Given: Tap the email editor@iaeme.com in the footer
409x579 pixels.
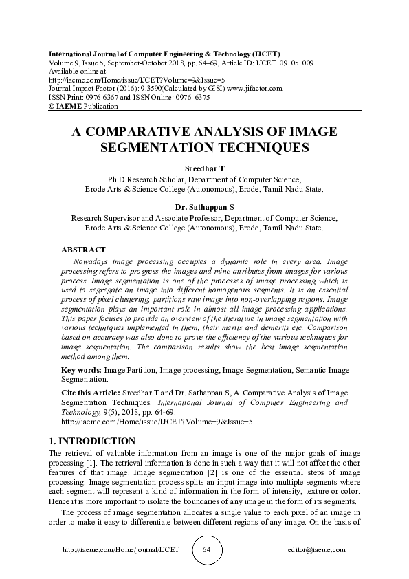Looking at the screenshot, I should (317, 551).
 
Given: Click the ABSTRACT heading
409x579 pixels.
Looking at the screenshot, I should (83, 250).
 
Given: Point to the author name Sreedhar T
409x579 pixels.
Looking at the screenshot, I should (204, 168).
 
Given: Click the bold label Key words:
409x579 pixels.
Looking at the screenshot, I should (81, 370).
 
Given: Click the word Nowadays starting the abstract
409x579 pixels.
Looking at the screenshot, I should (93, 263).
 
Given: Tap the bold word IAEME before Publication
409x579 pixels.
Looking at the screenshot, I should (70, 107).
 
